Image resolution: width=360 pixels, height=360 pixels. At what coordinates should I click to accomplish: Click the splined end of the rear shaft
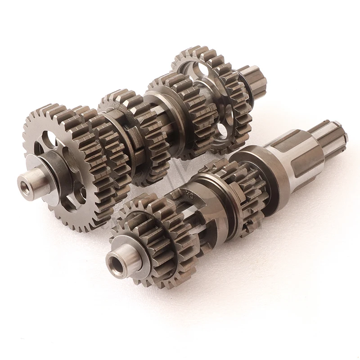(x=254, y=81)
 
